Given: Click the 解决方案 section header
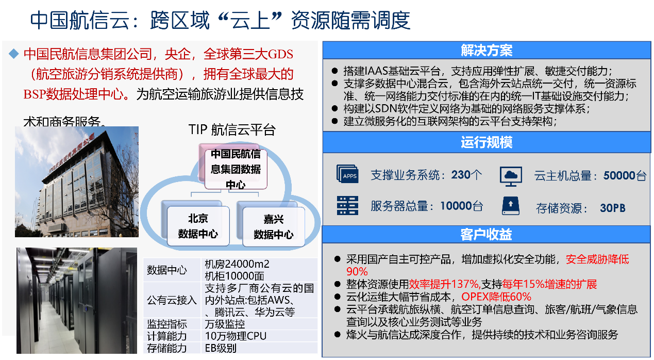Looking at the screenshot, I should click(486, 51).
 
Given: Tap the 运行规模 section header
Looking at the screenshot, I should click(486, 142).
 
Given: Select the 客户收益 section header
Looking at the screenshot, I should click(486, 235).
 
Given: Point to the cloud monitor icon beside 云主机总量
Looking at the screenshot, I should click(511, 176).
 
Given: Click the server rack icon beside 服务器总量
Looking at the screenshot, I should click(347, 206).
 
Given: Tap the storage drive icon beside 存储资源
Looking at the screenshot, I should click(510, 206).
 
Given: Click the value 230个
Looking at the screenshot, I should click(466, 175).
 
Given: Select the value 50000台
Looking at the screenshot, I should click(625, 176).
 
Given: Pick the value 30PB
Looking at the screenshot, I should click(612, 208).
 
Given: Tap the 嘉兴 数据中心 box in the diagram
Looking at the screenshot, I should click(273, 226).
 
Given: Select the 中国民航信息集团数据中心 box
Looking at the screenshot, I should click(236, 169).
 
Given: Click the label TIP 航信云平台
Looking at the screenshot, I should click(232, 129).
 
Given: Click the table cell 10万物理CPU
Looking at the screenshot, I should click(236, 336).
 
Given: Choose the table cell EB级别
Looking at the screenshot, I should click(221, 348).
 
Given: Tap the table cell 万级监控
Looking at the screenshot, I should click(225, 324).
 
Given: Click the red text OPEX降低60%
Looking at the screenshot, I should click(496, 297).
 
